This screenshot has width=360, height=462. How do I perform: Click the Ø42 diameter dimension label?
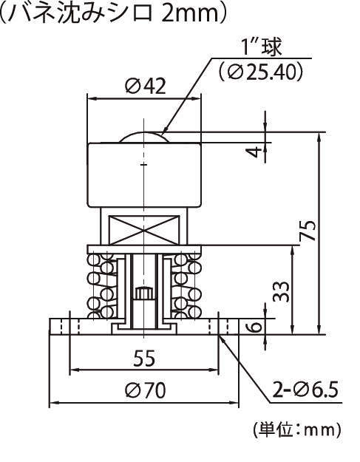[x=145, y=86]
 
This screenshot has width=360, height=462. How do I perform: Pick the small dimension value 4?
[x=255, y=152]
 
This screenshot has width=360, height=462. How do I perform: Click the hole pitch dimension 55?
[x=144, y=359]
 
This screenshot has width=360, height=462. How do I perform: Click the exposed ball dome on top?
[x=146, y=137]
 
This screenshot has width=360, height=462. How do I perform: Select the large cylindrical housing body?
[x=145, y=174]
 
